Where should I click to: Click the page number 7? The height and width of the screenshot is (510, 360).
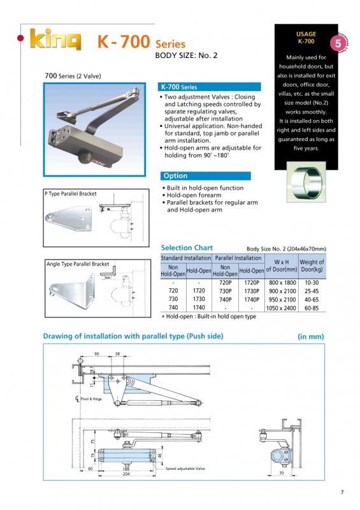[342, 491]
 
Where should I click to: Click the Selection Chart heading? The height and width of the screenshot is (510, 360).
[187, 248]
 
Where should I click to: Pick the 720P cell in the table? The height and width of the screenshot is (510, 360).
[225, 282]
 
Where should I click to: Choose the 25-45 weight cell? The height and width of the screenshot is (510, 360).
[312, 291]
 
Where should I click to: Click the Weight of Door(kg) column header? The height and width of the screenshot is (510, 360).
[312, 266]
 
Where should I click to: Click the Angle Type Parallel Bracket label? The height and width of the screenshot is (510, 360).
[77, 263]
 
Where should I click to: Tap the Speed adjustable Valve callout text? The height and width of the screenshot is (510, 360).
[185, 469]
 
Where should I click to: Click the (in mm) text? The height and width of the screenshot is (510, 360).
[310, 336]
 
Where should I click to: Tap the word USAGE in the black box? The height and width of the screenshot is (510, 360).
[306, 33]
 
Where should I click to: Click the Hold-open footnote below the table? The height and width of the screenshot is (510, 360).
[208, 316]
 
